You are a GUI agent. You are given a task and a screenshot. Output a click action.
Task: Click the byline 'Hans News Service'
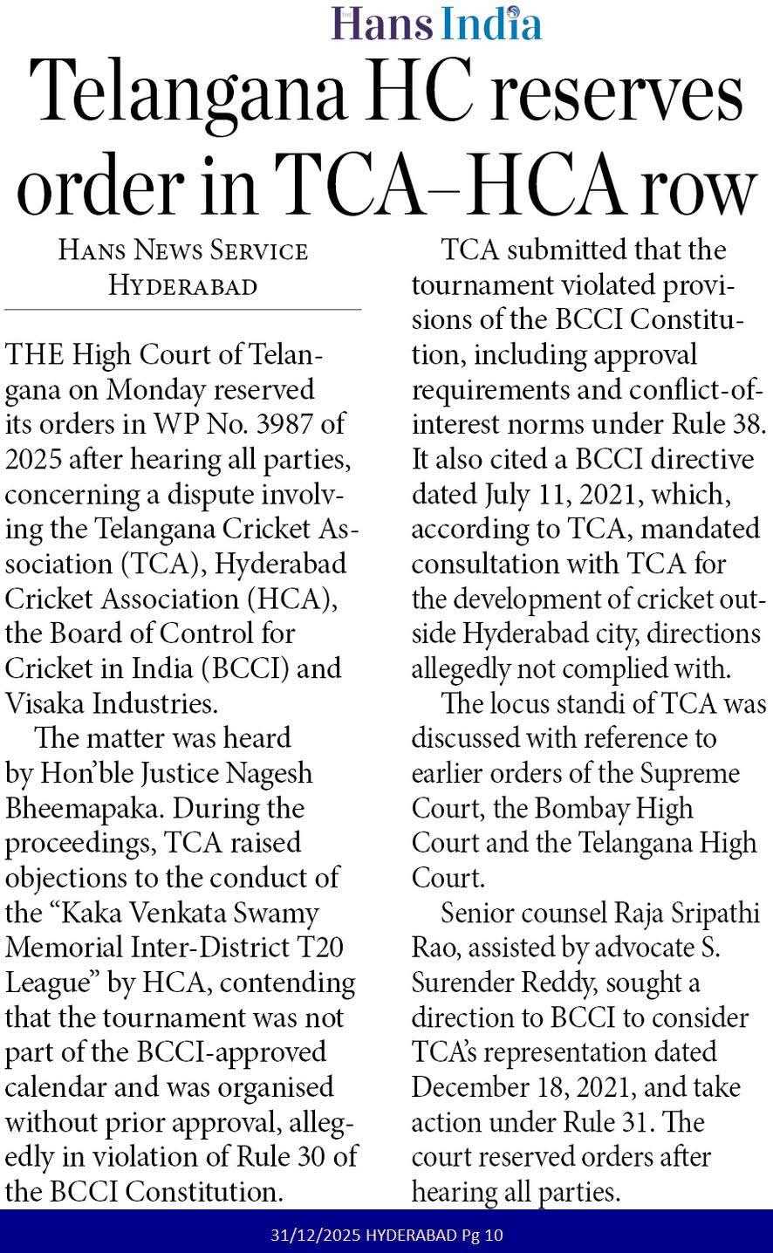pyautogui.click(x=183, y=251)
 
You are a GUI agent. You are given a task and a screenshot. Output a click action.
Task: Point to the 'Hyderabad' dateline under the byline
pyautogui.click(x=182, y=285)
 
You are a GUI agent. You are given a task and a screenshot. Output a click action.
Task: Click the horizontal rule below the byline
pyautogui.click(x=183, y=309)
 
